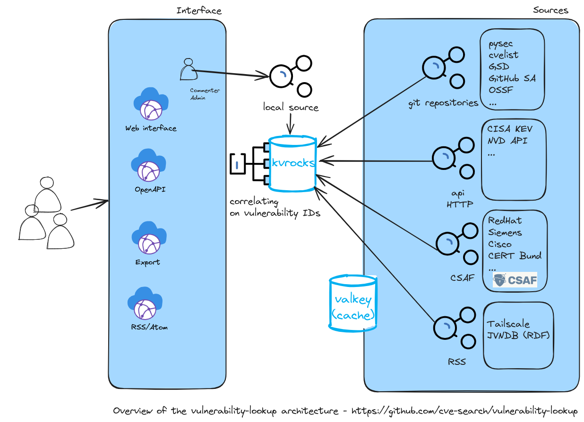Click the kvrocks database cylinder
point(292,164)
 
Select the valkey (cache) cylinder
point(353,304)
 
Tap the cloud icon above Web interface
point(151,104)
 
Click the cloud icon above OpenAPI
point(148,165)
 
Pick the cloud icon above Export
point(149,237)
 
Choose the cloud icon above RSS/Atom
point(145,303)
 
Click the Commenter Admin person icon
point(189,69)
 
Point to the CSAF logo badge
point(515,280)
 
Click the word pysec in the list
point(500,44)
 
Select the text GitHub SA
point(512,78)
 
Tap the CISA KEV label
point(510,129)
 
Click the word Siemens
point(505,232)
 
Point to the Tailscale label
point(508,324)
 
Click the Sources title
point(550,10)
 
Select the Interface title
point(199,11)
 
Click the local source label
point(291,107)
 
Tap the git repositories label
point(443,103)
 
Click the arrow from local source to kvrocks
point(290,124)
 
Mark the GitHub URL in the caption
point(464,411)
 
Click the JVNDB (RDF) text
point(518,335)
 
